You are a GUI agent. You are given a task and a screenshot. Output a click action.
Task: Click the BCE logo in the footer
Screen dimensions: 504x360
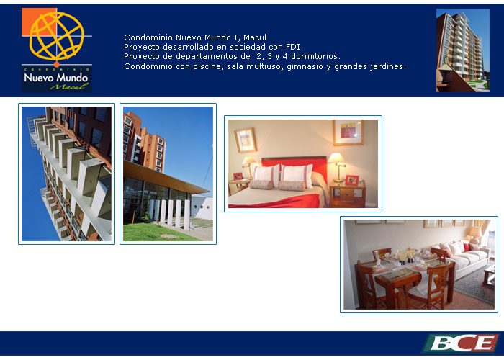pyautogui.click(x=461, y=343)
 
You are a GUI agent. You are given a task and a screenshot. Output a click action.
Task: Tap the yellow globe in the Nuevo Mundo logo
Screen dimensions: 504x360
pyautogui.click(x=57, y=36)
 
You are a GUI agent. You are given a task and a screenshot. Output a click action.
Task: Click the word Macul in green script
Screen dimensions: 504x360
pyautogui.click(x=69, y=86)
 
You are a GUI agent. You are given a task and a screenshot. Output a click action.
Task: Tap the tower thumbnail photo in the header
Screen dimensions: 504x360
pyautogui.click(x=463, y=50)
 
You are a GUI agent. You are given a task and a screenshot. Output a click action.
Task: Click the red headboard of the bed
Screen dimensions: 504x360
pyautogui.click(x=294, y=167)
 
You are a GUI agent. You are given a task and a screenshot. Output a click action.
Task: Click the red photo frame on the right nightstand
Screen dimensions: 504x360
pyautogui.click(x=351, y=180)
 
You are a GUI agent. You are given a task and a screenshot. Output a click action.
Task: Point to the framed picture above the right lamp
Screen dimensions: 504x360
pyautogui.click(x=348, y=132)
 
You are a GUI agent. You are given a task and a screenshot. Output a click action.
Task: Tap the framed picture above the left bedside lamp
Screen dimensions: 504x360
pyautogui.click(x=246, y=140)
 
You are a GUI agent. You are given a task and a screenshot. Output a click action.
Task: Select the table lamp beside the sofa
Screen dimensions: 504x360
pyautogui.click(x=474, y=235)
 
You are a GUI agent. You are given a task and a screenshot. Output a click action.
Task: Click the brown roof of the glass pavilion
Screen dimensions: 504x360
pyautogui.click(x=164, y=178)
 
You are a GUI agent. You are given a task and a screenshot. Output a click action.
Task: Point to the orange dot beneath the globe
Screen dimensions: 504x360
pyautogui.click(x=57, y=64)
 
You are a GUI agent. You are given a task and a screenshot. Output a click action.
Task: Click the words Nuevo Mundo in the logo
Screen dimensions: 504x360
pyautogui.click(x=56, y=78)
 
